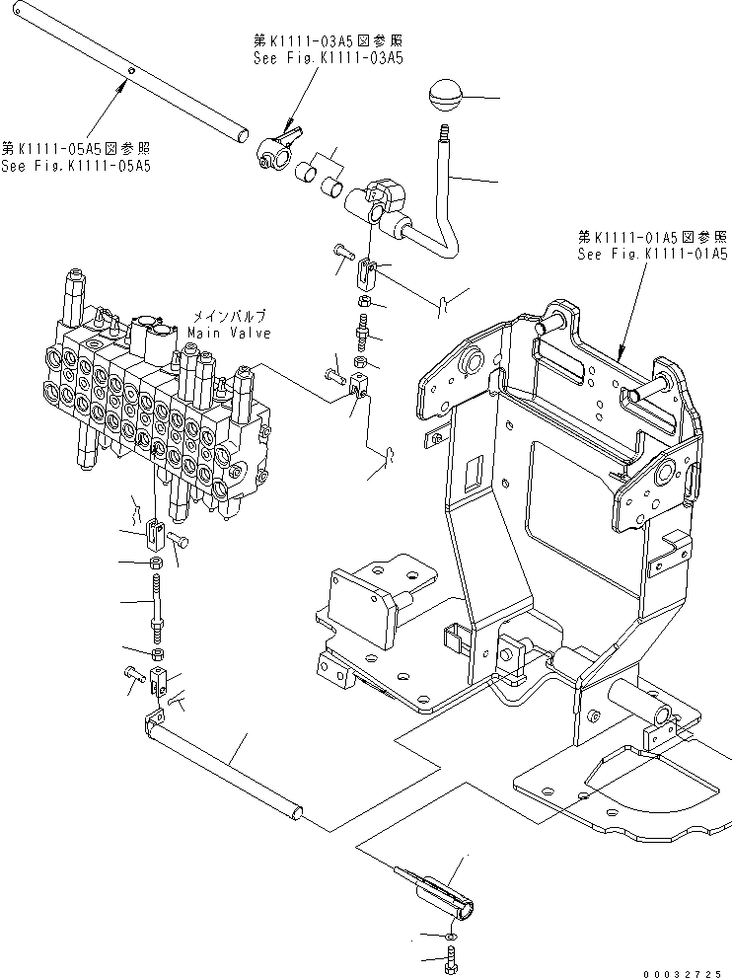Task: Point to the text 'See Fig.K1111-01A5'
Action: (653, 254)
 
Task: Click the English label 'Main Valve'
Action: (229, 334)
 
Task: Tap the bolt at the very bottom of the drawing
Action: (452, 957)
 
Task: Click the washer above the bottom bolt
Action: (450, 934)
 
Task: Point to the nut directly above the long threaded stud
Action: (157, 564)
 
